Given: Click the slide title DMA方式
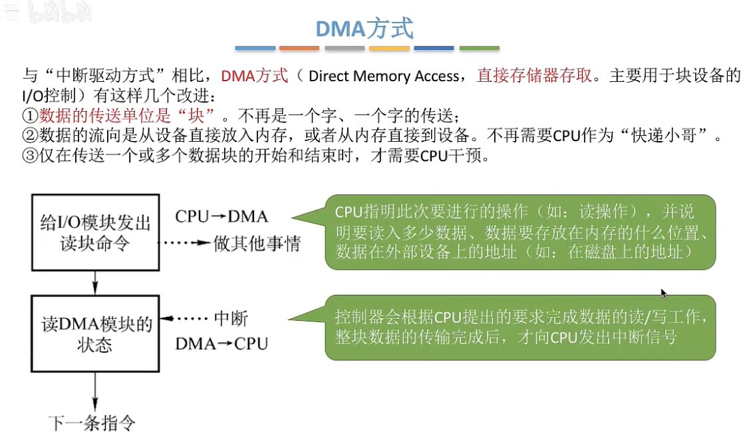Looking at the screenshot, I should click(365, 29).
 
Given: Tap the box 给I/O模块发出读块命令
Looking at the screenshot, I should click(94, 232).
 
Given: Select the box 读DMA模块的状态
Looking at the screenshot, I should click(94, 334).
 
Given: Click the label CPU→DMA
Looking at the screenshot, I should click(222, 216).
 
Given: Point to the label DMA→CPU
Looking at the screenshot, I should click(222, 343).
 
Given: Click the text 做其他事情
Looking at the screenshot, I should click(257, 244).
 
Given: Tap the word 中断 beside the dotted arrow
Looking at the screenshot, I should click(231, 319).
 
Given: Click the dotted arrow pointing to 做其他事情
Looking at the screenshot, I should click(186, 244).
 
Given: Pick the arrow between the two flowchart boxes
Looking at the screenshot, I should click(94, 284).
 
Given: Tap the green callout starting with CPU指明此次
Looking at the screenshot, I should click(520, 232).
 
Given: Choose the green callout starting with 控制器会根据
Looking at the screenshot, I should click(520, 328).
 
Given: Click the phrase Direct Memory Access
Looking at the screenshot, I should click(384, 77).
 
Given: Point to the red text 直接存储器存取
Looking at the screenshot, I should click(534, 76).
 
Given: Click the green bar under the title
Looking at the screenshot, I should click(479, 49).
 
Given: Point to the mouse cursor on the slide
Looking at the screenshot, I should click(663, 293).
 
